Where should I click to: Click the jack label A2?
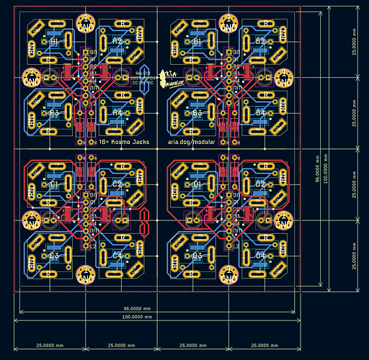[x=117, y=42]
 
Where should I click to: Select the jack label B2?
[x=261, y=42]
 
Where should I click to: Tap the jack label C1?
[x=53, y=184]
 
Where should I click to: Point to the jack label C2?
[x=117, y=184]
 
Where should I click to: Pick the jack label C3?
[x=53, y=256]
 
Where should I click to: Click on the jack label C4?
[x=117, y=256]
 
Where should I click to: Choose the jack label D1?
[x=197, y=184]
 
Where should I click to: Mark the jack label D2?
[x=261, y=184]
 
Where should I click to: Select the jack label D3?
[x=197, y=256]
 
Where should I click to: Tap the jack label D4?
[x=261, y=256]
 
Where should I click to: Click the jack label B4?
[x=261, y=113]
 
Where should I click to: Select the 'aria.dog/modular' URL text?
[x=194, y=143]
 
